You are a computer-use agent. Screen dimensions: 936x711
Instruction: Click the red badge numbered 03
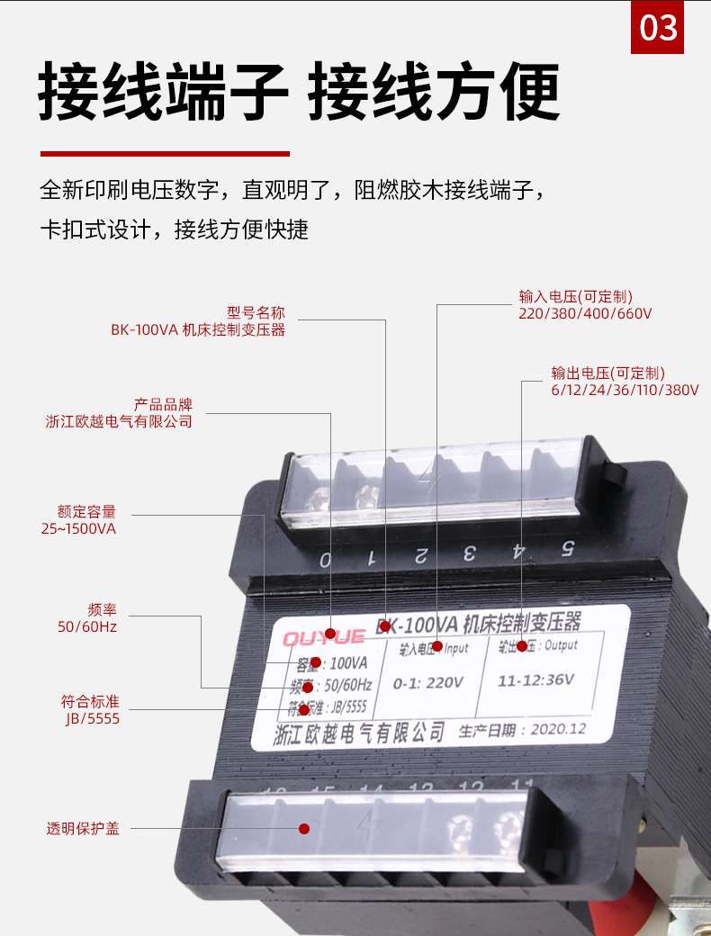tap(657, 28)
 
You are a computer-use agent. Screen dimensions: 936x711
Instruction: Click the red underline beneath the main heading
tap(165, 154)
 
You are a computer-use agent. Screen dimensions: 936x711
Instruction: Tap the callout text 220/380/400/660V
tap(585, 313)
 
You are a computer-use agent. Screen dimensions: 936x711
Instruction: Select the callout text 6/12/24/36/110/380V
tap(625, 390)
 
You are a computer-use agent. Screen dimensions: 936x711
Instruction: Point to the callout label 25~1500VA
tap(78, 528)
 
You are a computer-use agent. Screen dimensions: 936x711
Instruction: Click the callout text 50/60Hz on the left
tap(87, 625)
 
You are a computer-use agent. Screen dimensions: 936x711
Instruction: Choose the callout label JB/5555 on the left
tap(91, 718)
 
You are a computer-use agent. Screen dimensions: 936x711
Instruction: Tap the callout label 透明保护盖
tap(83, 828)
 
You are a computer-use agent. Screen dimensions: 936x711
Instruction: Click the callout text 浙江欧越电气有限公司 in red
tap(119, 421)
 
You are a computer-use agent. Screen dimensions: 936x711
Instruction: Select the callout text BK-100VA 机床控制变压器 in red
tap(198, 329)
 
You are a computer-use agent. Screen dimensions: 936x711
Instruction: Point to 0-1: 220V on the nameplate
tap(429, 683)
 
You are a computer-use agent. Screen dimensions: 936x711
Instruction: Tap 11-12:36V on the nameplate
tap(536, 679)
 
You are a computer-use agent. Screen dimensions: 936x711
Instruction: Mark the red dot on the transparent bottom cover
tap(304, 828)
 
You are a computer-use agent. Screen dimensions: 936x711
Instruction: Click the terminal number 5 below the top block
tap(568, 547)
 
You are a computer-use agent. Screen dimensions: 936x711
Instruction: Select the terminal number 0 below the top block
tap(325, 560)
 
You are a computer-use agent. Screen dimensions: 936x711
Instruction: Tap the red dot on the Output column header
tap(522, 645)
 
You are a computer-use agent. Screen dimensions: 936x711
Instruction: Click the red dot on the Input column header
tap(437, 646)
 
